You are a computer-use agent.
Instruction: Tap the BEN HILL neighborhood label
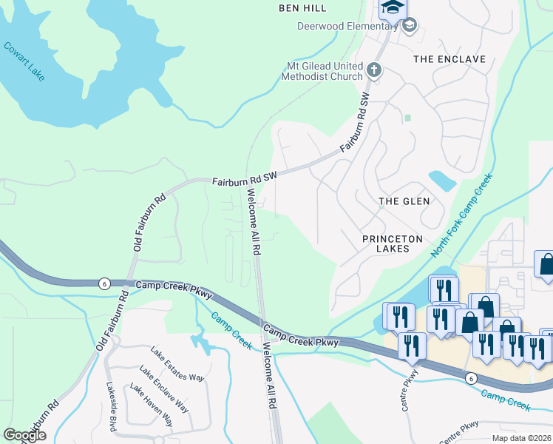303,8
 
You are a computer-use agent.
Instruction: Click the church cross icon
374,71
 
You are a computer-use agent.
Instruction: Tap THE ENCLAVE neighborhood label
449,59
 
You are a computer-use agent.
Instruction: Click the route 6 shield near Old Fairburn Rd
104,283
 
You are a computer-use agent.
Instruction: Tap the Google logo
24,435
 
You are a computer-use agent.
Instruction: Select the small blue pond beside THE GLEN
442,180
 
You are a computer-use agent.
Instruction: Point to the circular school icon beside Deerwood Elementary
409,27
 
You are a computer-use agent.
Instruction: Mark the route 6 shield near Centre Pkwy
471,378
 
